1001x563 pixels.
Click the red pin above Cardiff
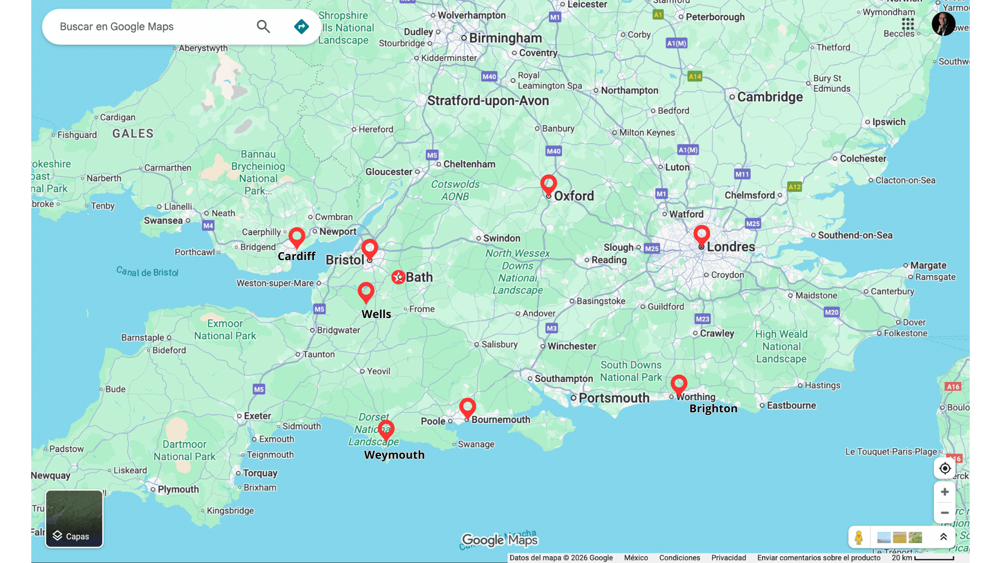[x=297, y=236]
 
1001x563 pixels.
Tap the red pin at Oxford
[x=548, y=183]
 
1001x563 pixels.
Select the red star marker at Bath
[x=398, y=277]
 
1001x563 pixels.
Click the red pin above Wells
[x=366, y=291]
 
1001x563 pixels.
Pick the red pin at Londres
[x=702, y=234]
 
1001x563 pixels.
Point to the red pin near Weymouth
[x=386, y=429]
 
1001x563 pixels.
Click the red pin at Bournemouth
[x=468, y=407]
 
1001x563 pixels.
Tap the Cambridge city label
[x=770, y=97]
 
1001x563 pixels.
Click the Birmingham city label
[x=505, y=38]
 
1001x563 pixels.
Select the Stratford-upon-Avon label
[x=488, y=101]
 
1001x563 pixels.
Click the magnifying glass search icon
[x=263, y=27]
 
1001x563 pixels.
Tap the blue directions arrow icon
[x=301, y=27]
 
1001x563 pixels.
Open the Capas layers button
[x=74, y=519]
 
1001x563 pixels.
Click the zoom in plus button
[x=944, y=492]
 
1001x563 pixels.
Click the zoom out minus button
[x=944, y=513]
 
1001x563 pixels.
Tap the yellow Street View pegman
[x=859, y=537]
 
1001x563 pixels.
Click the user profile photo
[x=943, y=24]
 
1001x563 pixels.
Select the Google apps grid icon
[x=908, y=24]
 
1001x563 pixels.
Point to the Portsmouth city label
[x=614, y=398]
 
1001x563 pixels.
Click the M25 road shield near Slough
[x=652, y=249]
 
